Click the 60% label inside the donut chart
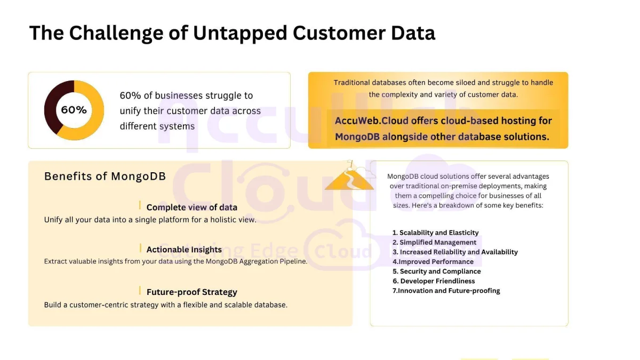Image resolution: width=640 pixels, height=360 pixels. pyautogui.click(x=74, y=110)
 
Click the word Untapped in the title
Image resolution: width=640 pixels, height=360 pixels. pyautogui.click(x=239, y=33)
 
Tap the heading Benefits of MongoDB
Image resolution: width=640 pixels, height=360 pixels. pyautogui.click(x=105, y=177)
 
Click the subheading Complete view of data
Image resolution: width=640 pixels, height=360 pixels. pyautogui.click(x=191, y=207)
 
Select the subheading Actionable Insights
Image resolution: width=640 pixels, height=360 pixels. pyautogui.click(x=184, y=250)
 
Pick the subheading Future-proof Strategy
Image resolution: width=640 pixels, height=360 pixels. pyautogui.click(x=191, y=292)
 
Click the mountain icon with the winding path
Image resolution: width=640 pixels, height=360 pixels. pyautogui.click(x=350, y=177)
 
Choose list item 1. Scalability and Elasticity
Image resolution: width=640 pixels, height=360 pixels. pyautogui.click(x=435, y=233)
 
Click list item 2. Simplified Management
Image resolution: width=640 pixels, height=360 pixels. pyautogui.click(x=434, y=242)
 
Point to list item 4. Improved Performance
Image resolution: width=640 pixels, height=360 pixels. pyautogui.click(x=433, y=262)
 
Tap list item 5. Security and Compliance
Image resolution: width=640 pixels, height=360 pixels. pyautogui.click(x=437, y=271)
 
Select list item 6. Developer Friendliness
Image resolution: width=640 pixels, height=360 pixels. pyautogui.click(x=434, y=281)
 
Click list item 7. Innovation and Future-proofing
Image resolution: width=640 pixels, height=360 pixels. pyautogui.click(x=446, y=291)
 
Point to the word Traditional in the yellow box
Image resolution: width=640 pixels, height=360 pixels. pyautogui.click(x=351, y=83)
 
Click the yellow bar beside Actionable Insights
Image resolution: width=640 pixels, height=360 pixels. pyautogui.click(x=140, y=248)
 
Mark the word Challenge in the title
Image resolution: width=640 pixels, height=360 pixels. pyautogui.click(x=116, y=34)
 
